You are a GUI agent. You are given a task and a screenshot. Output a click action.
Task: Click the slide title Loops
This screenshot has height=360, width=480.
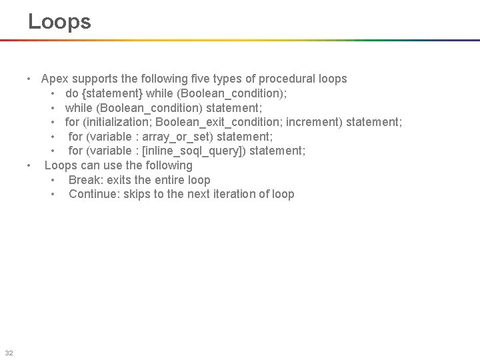point(59,21)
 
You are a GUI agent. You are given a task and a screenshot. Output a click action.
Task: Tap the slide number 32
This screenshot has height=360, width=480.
point(9,353)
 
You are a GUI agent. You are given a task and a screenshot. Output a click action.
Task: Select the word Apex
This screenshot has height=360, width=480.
point(55,79)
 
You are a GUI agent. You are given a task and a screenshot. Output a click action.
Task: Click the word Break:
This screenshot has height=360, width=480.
point(85,180)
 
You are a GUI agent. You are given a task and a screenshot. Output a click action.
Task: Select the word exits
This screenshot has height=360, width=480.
point(117,180)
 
